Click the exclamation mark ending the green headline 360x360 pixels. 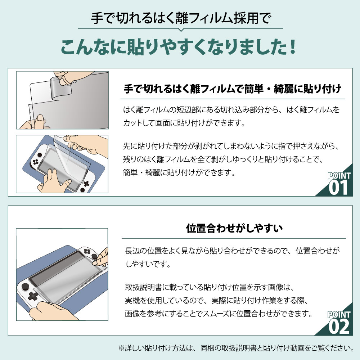pyautogui.click(x=291, y=48)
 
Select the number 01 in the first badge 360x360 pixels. pyautogui.click(x=338, y=188)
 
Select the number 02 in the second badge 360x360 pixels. pyautogui.click(x=338, y=327)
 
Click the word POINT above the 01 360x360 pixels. pyautogui.click(x=339, y=175)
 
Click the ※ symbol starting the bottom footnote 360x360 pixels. pyautogui.click(x=121, y=348)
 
